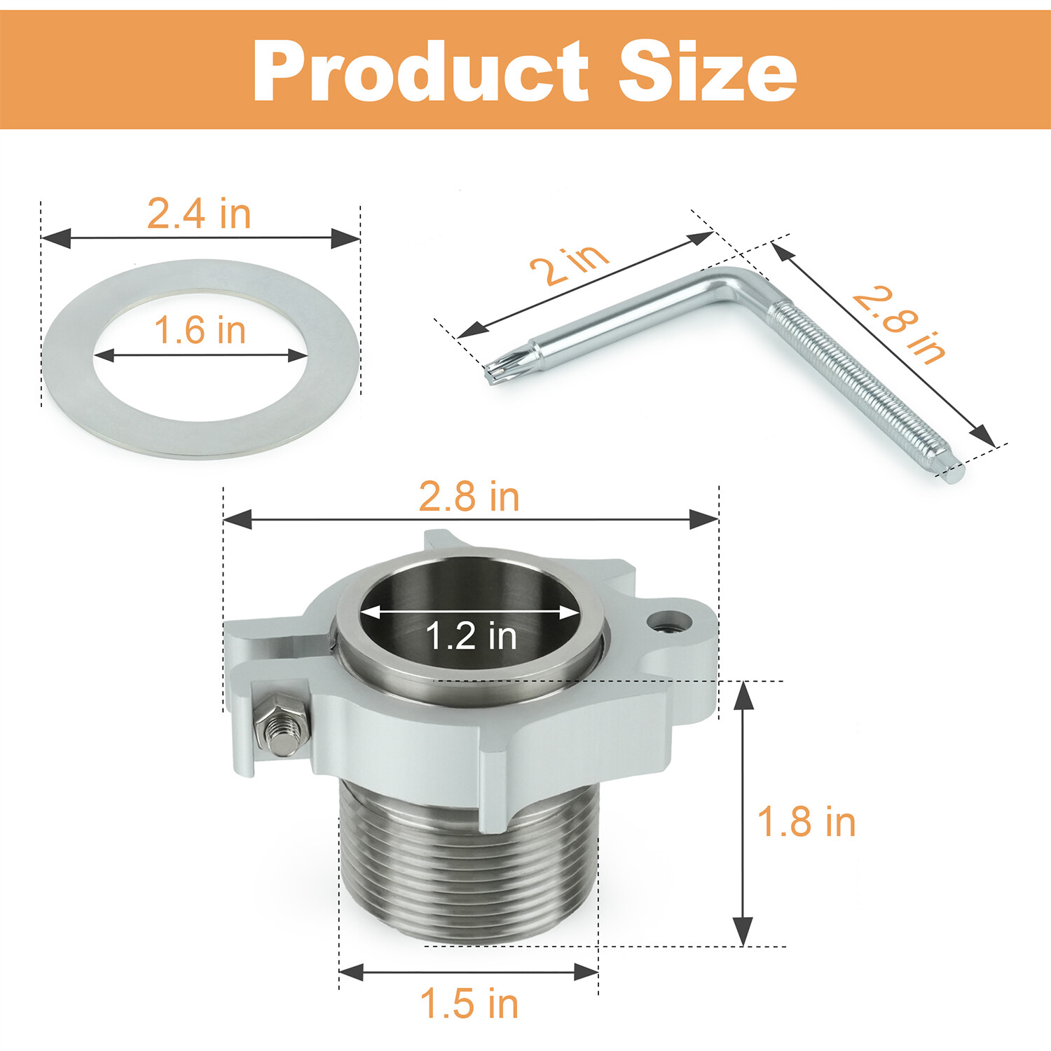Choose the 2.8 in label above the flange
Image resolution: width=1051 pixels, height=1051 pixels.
coord(469,497)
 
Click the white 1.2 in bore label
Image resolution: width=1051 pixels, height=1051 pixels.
coord(471,636)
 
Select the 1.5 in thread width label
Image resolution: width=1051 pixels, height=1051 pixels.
coord(469,1003)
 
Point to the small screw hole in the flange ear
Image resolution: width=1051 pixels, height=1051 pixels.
coord(666,619)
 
